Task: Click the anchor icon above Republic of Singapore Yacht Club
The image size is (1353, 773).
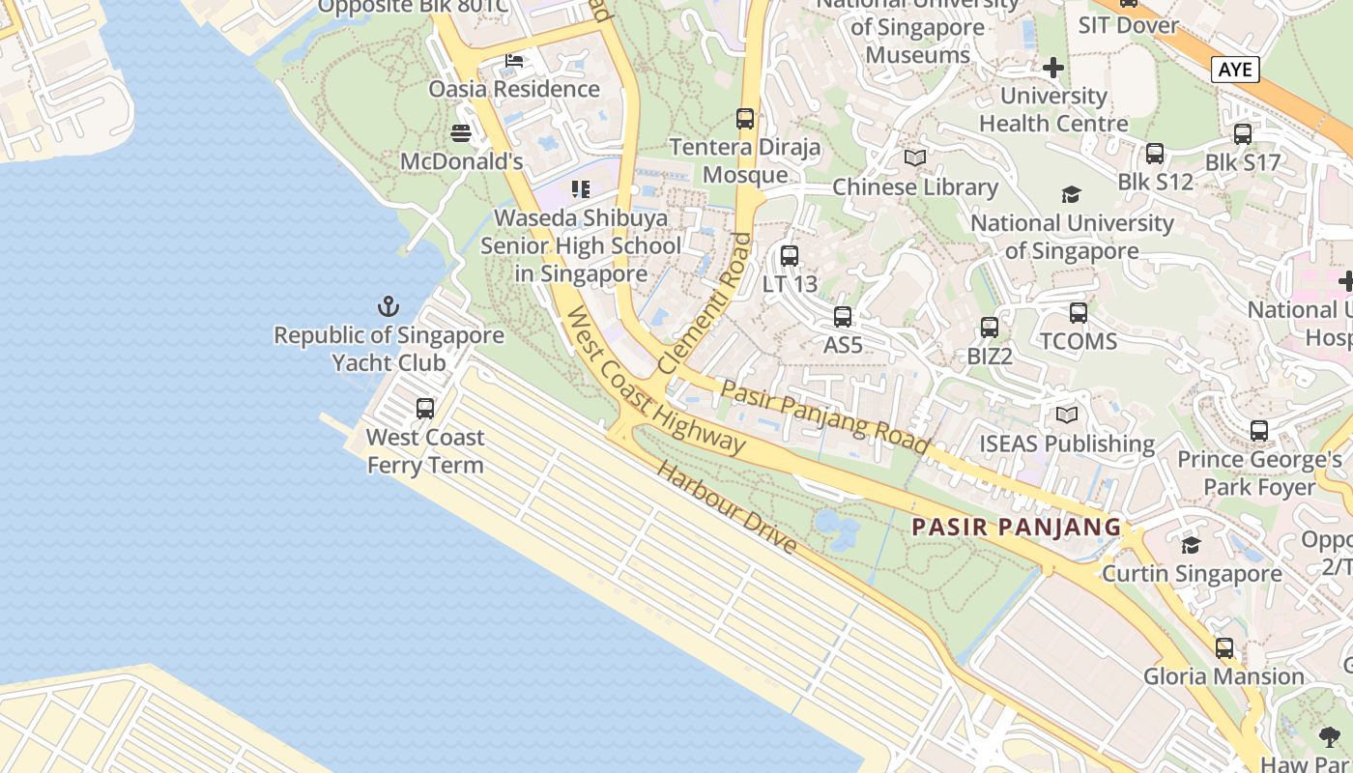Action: (x=388, y=307)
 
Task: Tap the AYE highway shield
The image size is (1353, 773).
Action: (x=1235, y=70)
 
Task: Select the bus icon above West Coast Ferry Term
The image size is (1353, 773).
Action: (x=425, y=409)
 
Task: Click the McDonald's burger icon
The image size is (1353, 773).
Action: (x=461, y=132)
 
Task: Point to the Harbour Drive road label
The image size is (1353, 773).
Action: (x=728, y=507)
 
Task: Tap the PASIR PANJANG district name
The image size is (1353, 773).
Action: (x=1017, y=528)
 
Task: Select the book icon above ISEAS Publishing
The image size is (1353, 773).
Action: (x=1066, y=415)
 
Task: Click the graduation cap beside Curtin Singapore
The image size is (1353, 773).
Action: (x=1191, y=546)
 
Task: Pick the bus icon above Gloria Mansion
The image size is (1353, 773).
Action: (x=1224, y=647)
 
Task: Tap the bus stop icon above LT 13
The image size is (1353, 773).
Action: (x=790, y=256)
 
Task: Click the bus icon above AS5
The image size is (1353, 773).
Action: (x=843, y=317)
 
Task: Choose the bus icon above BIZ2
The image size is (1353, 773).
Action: (x=989, y=328)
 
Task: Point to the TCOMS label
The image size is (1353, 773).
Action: (x=1079, y=341)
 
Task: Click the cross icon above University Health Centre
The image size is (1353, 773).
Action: (x=1053, y=68)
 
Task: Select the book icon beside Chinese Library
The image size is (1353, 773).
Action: (x=914, y=158)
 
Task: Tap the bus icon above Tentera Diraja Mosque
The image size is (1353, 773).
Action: (x=745, y=119)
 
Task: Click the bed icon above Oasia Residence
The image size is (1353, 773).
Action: (x=514, y=61)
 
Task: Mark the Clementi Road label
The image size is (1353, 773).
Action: (x=704, y=302)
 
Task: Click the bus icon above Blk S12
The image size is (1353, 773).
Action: (x=1155, y=154)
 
